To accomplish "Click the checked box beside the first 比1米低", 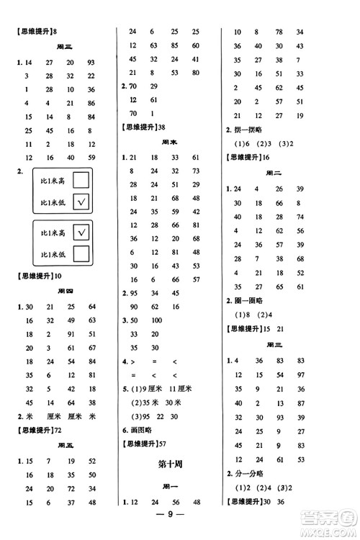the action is [81, 204].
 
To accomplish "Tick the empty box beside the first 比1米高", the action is [81, 179].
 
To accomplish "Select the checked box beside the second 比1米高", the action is [81, 232].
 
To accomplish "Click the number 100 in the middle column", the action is [156, 320].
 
